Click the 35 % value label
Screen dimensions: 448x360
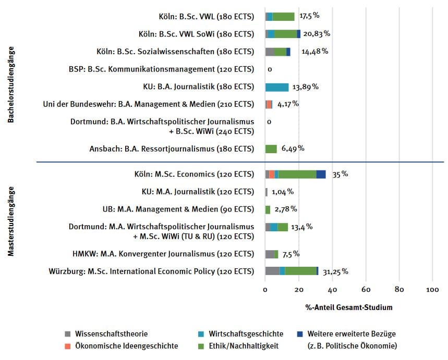(x=340, y=174)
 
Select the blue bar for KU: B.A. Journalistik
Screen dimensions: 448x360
(x=277, y=87)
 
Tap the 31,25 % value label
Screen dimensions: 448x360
(x=335, y=271)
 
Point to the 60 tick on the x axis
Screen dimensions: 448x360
(x=366, y=290)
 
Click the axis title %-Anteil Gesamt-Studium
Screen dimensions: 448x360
(x=349, y=307)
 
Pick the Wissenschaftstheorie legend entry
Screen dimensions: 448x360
(x=106, y=334)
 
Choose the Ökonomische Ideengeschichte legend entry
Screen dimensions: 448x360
(x=122, y=346)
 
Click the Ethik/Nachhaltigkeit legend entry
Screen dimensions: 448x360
(x=238, y=346)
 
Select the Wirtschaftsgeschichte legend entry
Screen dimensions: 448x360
(x=241, y=334)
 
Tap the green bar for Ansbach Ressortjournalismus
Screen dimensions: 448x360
(x=271, y=148)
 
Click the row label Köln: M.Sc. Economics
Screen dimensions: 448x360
(x=195, y=174)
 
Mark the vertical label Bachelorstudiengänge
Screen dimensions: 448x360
(x=11, y=84)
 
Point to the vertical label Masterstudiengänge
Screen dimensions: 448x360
(x=11, y=221)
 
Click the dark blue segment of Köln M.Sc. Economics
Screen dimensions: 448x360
(x=321, y=174)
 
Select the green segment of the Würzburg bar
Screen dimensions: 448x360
(x=301, y=271)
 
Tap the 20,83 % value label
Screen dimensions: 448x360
(x=317, y=34)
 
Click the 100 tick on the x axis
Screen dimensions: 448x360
(x=432, y=290)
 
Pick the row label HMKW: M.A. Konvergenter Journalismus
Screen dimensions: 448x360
(x=163, y=254)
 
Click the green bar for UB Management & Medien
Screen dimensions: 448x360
(x=268, y=210)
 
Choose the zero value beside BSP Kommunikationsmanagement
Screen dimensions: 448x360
(x=270, y=69)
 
